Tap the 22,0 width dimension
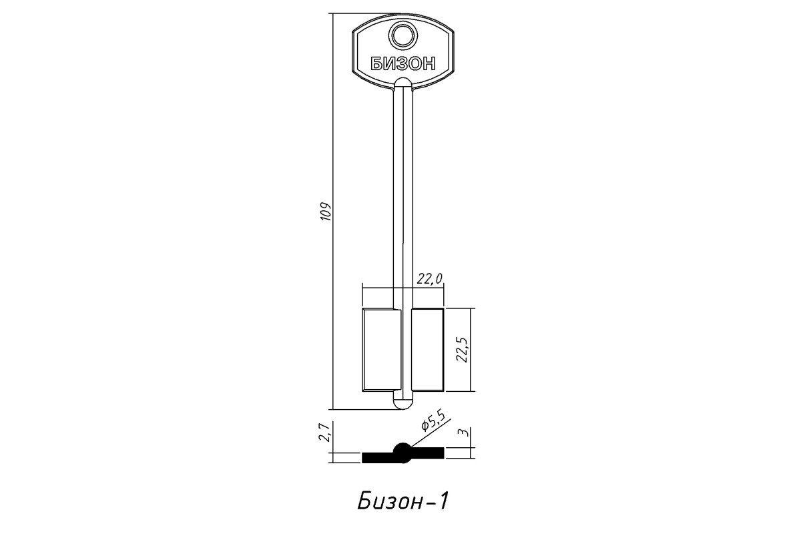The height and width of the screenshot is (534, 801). click(x=430, y=278)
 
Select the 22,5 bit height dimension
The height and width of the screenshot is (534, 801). click(x=463, y=350)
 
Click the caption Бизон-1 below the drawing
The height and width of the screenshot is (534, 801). click(x=403, y=502)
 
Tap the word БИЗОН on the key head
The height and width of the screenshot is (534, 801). click(x=403, y=64)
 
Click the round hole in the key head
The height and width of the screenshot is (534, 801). click(x=403, y=36)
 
